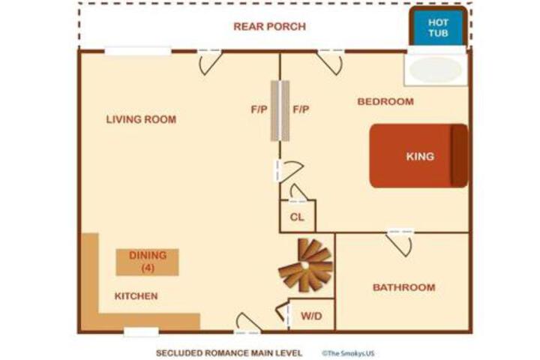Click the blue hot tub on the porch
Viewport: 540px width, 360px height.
point(438,28)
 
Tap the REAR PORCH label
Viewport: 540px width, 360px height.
point(270,26)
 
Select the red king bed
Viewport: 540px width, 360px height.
point(418,156)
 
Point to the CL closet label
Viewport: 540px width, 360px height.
point(297,217)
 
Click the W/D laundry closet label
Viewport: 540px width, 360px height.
point(311,316)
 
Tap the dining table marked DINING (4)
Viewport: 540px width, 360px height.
point(148,262)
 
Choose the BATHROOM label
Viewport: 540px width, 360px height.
point(404,287)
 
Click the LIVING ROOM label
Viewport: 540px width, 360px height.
point(141,119)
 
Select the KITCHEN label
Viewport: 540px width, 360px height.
point(136,296)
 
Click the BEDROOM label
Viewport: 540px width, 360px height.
point(385,102)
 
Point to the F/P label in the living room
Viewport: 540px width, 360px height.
point(259,109)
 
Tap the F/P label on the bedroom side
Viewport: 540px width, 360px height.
point(301,109)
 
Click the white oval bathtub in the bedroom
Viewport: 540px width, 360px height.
point(436,70)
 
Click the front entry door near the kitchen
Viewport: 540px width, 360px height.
point(247,324)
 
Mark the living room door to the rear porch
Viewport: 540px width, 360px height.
point(210,62)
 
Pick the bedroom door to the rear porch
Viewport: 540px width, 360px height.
point(330,62)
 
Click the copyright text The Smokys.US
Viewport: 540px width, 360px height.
point(348,353)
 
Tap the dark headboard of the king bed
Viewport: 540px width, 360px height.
point(460,156)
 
